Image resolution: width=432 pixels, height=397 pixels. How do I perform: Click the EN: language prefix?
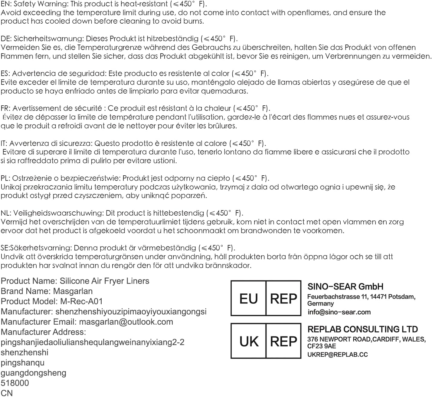click(x=6, y=4)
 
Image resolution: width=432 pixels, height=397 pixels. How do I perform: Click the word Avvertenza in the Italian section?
click(x=27, y=143)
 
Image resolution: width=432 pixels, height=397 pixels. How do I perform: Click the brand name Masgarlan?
click(x=73, y=291)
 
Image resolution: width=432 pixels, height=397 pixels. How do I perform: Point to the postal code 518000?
click(x=15, y=383)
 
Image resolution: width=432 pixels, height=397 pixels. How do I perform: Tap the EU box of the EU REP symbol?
click(x=248, y=299)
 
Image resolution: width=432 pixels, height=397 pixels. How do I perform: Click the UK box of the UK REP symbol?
click(x=249, y=341)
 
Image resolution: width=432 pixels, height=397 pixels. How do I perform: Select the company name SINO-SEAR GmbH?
click(x=345, y=286)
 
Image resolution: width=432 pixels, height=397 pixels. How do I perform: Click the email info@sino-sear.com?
click(x=339, y=312)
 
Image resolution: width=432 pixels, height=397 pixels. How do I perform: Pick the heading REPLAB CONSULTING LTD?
click(x=362, y=329)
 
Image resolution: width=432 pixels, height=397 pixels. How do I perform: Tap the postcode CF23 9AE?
click(x=321, y=346)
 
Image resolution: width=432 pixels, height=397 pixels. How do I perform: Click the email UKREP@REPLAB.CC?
click(x=337, y=355)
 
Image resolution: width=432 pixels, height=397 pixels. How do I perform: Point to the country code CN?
click(x=7, y=393)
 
